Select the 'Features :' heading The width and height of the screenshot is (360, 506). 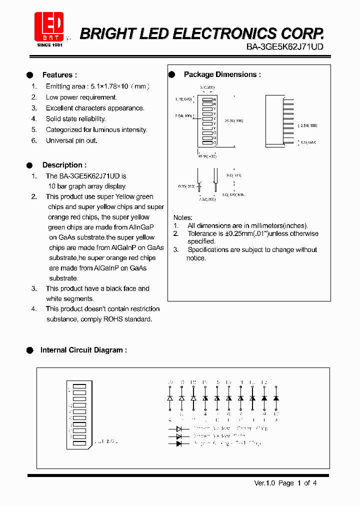(x=59, y=75)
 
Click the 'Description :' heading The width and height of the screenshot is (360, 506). (x=64, y=165)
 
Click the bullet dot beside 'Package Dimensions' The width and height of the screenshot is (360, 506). (x=171, y=74)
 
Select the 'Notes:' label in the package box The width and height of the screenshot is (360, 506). (x=182, y=217)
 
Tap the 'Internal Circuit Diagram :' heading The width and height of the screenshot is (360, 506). (x=83, y=350)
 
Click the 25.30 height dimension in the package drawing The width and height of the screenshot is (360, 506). (x=230, y=120)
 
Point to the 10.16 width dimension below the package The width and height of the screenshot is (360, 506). (x=207, y=156)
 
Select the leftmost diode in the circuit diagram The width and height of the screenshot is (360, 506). (x=170, y=398)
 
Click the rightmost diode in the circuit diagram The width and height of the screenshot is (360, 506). (x=276, y=398)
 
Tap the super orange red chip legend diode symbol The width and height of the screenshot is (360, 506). (x=178, y=443)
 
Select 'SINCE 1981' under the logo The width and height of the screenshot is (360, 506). (x=50, y=45)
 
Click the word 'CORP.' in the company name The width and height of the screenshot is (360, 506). (x=302, y=33)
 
